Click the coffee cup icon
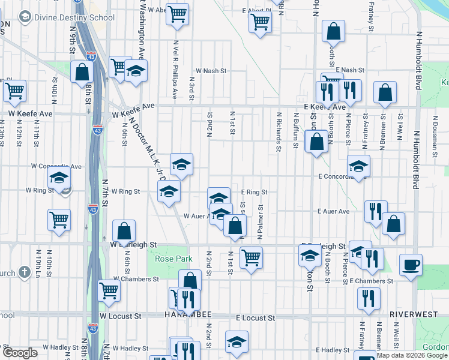click(411, 265)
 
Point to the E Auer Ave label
click(334, 211)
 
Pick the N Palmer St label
click(261, 226)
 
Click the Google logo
click(20, 352)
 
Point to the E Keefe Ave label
click(325, 107)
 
